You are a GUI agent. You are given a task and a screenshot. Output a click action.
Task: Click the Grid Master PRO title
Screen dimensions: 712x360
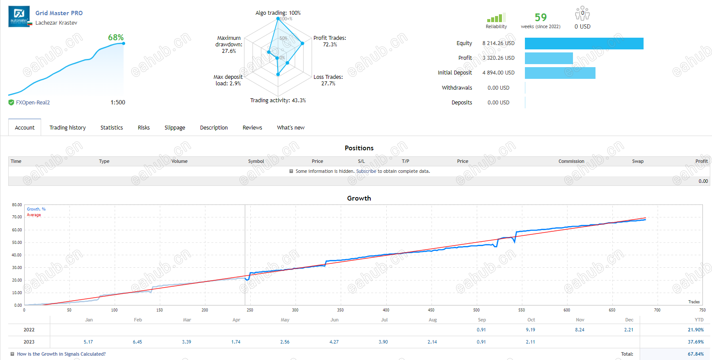[x=59, y=13]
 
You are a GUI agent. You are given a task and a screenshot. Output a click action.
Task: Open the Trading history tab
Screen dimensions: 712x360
[x=68, y=127]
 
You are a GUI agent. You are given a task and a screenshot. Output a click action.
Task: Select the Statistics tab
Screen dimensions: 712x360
[x=112, y=127]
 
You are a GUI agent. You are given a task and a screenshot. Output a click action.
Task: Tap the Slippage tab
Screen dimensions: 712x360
[x=175, y=127]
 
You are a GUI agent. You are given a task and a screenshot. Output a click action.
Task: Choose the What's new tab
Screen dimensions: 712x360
[x=291, y=127]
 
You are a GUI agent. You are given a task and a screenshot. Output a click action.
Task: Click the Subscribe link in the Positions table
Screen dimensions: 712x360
[x=366, y=171]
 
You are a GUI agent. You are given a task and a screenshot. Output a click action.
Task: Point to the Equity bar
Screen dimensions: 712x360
[x=584, y=44]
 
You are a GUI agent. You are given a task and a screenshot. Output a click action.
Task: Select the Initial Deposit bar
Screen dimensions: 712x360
[x=560, y=73]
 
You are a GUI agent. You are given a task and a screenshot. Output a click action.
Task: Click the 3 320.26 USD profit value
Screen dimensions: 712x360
[x=498, y=58]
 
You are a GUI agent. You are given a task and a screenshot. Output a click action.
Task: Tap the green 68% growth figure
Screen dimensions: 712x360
[x=116, y=38]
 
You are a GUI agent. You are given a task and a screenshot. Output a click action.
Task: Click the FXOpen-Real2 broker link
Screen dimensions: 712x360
[x=33, y=102]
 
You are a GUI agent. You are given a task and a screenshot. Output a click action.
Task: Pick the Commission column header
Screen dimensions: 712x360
[x=571, y=161]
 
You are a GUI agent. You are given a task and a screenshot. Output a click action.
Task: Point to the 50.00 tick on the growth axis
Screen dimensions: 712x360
[x=17, y=242]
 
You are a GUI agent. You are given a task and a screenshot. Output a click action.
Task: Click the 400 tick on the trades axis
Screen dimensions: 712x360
[x=385, y=310]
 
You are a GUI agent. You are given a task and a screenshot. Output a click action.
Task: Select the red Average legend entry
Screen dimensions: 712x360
[x=34, y=215]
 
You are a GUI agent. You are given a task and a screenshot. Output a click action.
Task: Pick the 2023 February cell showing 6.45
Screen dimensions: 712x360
[x=137, y=342]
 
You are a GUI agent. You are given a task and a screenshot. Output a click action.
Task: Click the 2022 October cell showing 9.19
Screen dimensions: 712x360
[x=530, y=330]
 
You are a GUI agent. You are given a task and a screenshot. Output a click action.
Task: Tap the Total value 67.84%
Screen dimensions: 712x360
[x=696, y=354]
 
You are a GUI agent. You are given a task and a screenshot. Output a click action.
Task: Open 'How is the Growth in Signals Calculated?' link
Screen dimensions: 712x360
[x=61, y=354]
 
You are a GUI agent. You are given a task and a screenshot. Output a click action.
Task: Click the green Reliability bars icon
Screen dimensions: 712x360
[x=496, y=18]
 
